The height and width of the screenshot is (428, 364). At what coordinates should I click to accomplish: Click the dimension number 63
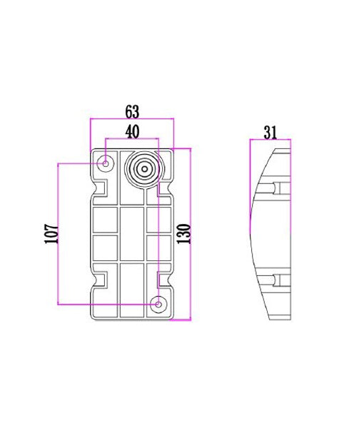132,112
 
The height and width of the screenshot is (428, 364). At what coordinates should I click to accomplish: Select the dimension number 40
132,131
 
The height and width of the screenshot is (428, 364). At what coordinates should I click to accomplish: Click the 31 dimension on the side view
270,132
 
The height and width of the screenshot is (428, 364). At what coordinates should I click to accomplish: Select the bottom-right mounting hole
158,304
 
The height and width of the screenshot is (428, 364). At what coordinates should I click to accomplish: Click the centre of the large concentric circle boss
145,170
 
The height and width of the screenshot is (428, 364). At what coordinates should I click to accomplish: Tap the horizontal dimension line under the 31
270,140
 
